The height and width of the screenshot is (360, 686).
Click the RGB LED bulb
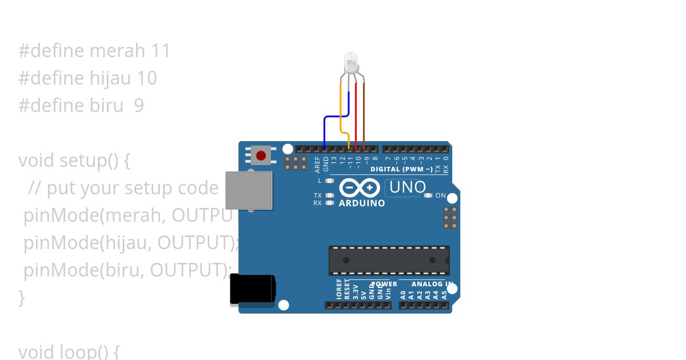[x=350, y=61]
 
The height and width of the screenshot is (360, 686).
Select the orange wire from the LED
[x=341, y=109]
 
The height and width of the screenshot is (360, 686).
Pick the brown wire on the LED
[x=363, y=114]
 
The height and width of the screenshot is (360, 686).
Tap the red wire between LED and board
[x=356, y=114]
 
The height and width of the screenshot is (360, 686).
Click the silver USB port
[x=249, y=190]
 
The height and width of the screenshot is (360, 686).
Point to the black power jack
[x=252, y=289]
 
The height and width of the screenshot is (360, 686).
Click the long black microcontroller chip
[x=389, y=260]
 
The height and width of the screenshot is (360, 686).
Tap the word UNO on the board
[x=407, y=187]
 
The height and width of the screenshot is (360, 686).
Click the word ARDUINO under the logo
[x=362, y=203]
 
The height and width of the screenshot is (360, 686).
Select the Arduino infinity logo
[x=360, y=187]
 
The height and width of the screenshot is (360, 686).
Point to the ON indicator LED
[x=428, y=195]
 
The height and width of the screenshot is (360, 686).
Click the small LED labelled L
[x=329, y=181]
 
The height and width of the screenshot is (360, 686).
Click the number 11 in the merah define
[x=161, y=51]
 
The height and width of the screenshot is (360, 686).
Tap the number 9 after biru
[x=139, y=106]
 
